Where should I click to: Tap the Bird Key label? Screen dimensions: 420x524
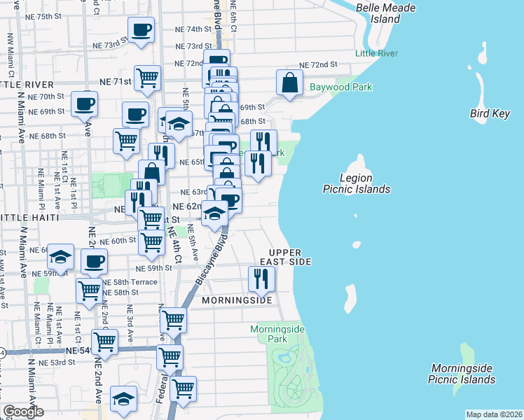click(x=490, y=113)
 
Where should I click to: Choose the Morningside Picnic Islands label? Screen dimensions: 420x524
click(x=463, y=374)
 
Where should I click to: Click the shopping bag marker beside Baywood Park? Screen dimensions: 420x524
click(x=289, y=83)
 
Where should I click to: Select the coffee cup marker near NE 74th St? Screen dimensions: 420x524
click(x=141, y=30)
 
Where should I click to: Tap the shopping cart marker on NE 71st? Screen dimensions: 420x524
click(x=148, y=77)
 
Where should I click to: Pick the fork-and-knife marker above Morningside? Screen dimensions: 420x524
click(x=261, y=279)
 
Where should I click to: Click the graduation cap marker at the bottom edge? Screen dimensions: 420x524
click(x=124, y=400)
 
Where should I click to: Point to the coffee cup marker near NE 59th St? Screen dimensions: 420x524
click(x=94, y=263)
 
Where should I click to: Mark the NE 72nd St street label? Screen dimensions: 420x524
click(x=318, y=64)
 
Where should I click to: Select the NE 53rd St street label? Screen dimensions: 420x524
click(x=57, y=362)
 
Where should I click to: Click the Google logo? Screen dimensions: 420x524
click(x=23, y=412)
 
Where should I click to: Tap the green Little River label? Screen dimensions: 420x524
click(x=376, y=53)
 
